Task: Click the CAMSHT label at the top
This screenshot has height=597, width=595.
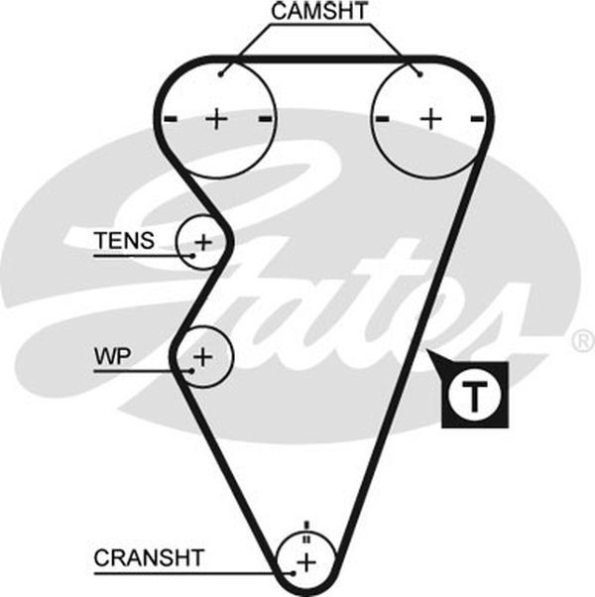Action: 319,11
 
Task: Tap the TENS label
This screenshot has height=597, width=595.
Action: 124,240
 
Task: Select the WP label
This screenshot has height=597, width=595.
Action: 112,356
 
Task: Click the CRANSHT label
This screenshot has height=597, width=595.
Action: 149,557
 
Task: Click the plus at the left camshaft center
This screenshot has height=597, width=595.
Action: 216,119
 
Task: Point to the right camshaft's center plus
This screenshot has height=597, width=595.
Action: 431,119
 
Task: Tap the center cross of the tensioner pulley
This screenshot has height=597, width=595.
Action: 203,242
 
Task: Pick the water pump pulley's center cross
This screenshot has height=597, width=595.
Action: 203,357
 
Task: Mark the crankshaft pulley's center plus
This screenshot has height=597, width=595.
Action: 306,562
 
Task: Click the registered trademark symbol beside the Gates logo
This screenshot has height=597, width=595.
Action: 583,341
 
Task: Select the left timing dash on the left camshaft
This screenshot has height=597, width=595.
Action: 171,119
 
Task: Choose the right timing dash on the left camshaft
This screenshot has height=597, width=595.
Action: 266,119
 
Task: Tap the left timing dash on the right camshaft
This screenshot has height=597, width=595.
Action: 382,119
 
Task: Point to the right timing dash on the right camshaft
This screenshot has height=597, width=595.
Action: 477,119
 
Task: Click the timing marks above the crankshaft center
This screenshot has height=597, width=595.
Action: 306,533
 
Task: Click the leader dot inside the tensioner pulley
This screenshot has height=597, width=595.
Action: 192,256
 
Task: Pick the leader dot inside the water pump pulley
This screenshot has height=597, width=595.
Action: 192,371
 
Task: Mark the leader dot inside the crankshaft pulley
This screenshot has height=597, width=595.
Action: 294,573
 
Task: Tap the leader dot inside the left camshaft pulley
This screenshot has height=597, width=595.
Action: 221,74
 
